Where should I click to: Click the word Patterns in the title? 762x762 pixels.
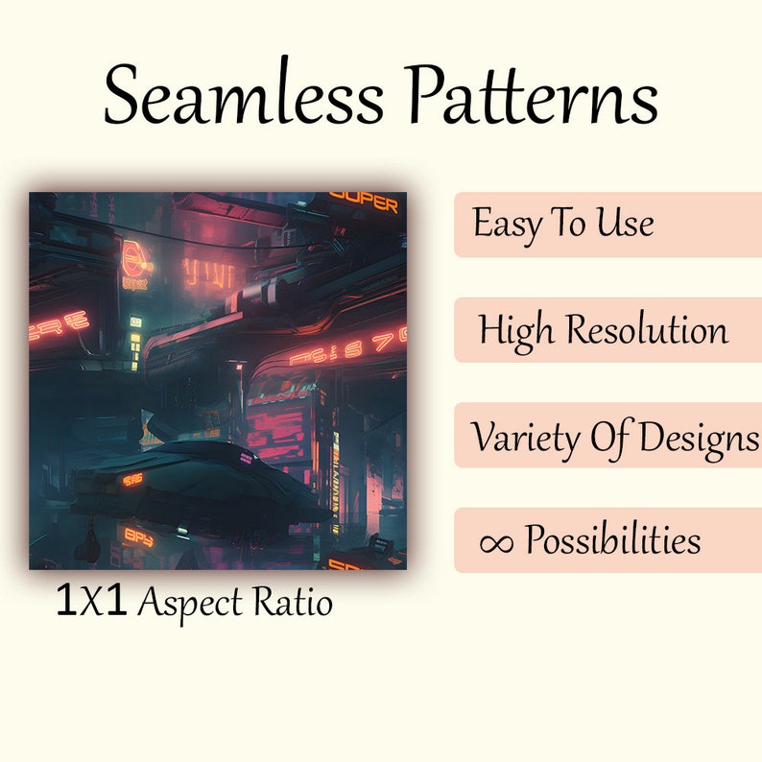click(x=532, y=97)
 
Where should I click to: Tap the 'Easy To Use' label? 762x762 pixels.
click(x=563, y=225)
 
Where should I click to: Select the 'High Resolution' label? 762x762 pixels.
click(x=604, y=330)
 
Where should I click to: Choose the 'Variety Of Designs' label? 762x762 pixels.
click(x=614, y=437)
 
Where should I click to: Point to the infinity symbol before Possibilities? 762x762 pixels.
click(x=495, y=542)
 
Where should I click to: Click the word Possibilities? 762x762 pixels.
click(x=612, y=541)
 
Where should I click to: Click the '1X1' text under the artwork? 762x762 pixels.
click(x=91, y=602)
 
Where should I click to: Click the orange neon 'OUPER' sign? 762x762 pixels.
click(x=364, y=203)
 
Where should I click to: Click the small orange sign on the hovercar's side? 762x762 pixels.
click(x=133, y=478)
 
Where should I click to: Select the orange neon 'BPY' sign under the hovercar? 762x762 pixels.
click(x=138, y=536)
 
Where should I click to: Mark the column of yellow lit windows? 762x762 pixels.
click(x=135, y=338)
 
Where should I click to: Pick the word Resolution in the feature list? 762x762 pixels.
click(x=646, y=330)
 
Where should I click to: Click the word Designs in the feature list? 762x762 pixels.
click(x=698, y=437)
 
